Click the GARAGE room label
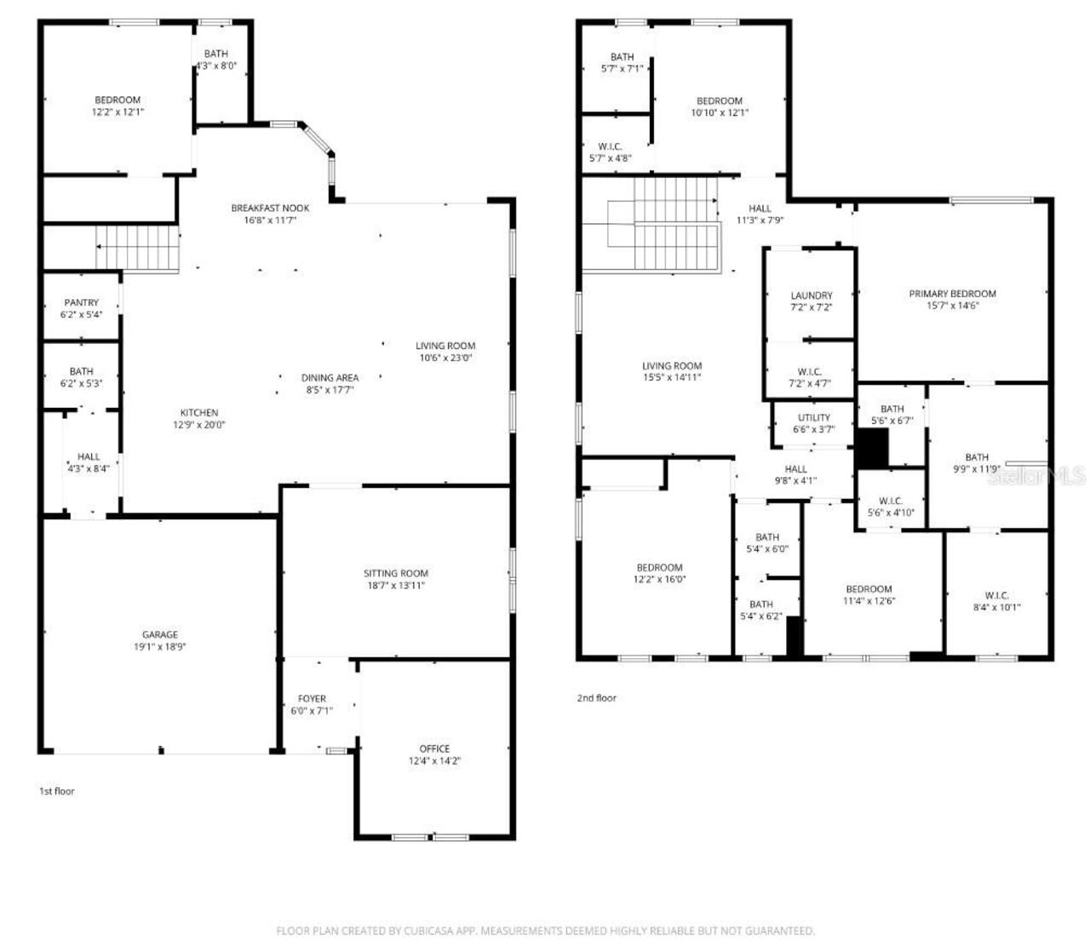pos(159,634)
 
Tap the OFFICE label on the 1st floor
pos(434,749)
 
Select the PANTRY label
pos(81,302)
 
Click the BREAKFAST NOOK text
pos(270,208)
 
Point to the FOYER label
pos(312,699)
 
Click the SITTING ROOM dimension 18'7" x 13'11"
pos(395,585)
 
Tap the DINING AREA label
pos(330,377)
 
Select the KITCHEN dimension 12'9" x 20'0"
pos(199,425)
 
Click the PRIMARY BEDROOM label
pos(952,294)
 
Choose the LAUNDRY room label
pos(811,295)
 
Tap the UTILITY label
pos(813,417)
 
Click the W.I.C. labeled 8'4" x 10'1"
pos(996,601)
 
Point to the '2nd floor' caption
pos(596,698)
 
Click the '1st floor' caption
pos(57,791)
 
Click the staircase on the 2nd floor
pos(664,225)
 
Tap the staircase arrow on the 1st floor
pos(101,247)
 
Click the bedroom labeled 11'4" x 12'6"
pos(869,594)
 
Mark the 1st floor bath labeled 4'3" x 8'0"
pos(215,60)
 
